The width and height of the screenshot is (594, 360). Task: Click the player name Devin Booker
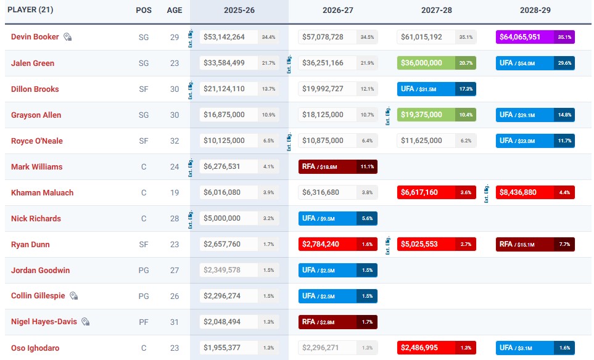click(35, 37)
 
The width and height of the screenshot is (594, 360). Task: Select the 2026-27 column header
click(337, 10)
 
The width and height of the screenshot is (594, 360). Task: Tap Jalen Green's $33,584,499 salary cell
click(224, 63)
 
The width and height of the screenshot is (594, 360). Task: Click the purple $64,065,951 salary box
click(525, 37)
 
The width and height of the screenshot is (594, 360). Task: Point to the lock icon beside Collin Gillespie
click(73, 296)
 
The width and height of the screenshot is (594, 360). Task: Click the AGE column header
click(175, 10)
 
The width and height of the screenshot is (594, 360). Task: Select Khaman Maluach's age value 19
click(175, 192)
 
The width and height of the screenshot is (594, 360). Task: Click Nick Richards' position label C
click(144, 218)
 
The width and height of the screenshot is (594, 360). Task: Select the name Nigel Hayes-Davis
click(44, 322)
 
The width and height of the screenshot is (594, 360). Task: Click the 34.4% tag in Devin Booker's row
click(268, 37)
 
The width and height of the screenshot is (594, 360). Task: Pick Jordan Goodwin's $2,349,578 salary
click(224, 270)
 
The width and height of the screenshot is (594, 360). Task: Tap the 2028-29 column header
click(535, 10)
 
